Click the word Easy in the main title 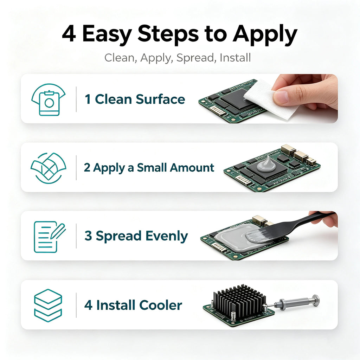(x=107, y=34)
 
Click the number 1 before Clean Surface (x=88, y=99)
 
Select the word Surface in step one (x=160, y=99)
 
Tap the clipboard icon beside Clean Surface (x=49, y=99)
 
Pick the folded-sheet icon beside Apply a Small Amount (x=49, y=168)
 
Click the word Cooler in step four (x=160, y=306)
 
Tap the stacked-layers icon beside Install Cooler (x=48, y=306)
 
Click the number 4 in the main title (x=69, y=34)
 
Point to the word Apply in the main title (x=265, y=35)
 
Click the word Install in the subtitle (x=235, y=57)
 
